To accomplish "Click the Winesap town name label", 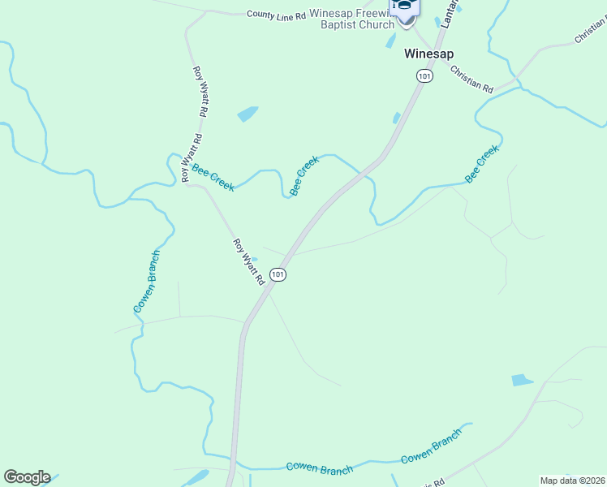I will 429,54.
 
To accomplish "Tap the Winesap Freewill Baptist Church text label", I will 351,19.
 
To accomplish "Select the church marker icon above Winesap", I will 403,7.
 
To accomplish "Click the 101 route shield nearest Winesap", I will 424,75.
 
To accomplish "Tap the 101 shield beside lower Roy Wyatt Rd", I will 278,275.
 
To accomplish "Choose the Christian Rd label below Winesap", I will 471,79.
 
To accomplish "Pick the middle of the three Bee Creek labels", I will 304,176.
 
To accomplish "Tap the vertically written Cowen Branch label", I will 147,282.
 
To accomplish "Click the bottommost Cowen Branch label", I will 319,469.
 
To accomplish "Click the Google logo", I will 27,477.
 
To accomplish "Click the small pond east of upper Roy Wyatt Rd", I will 248,114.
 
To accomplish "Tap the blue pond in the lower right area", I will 523,380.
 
